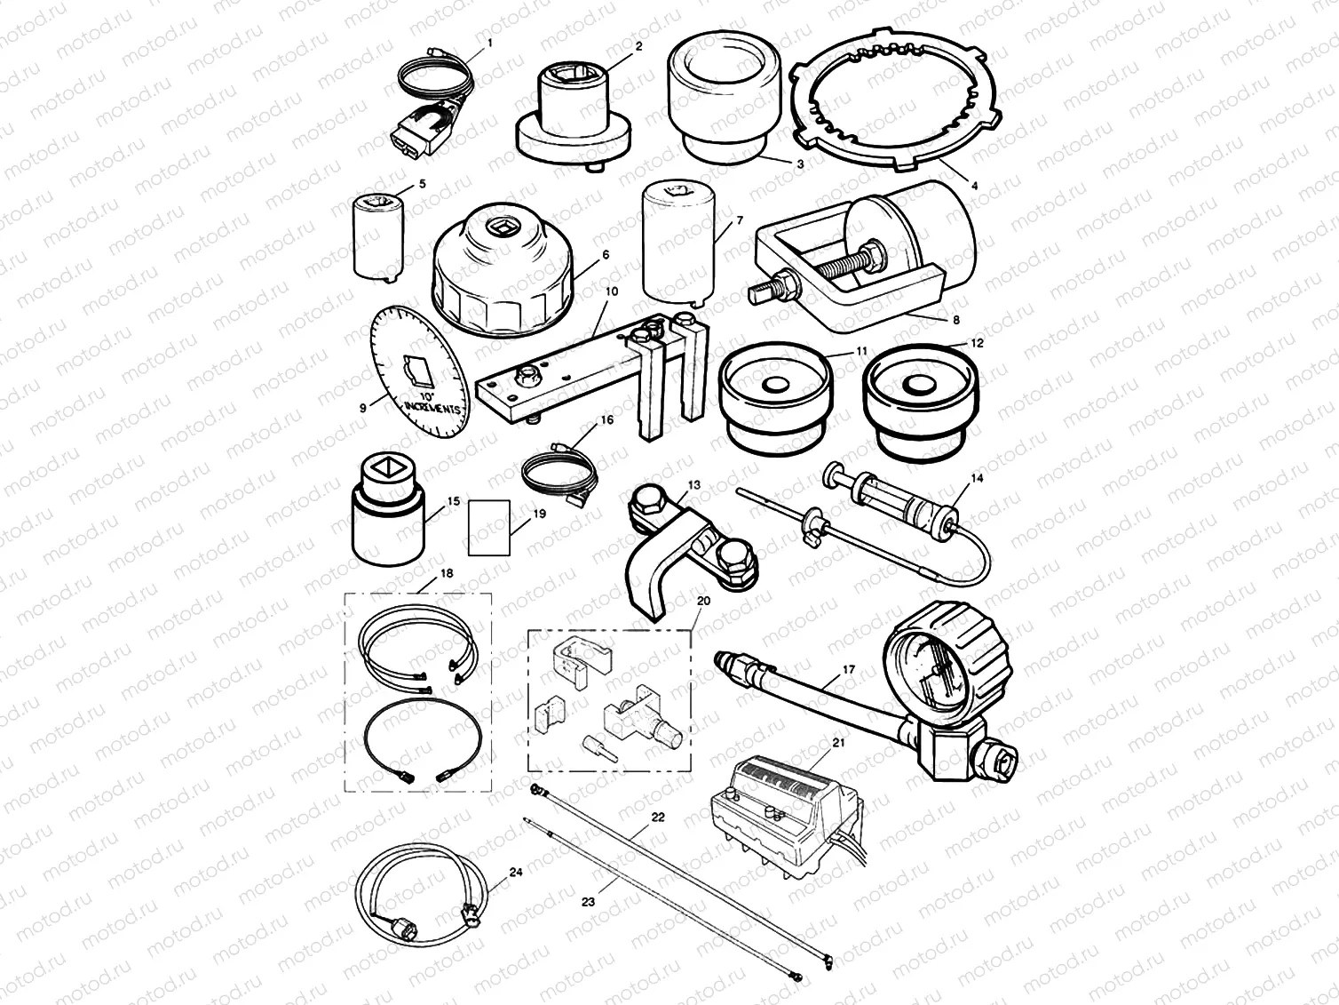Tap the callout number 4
(x=974, y=187)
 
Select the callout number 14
(x=978, y=478)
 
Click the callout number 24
(x=517, y=872)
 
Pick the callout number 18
(x=447, y=574)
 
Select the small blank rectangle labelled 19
(x=489, y=527)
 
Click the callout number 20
(x=704, y=601)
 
